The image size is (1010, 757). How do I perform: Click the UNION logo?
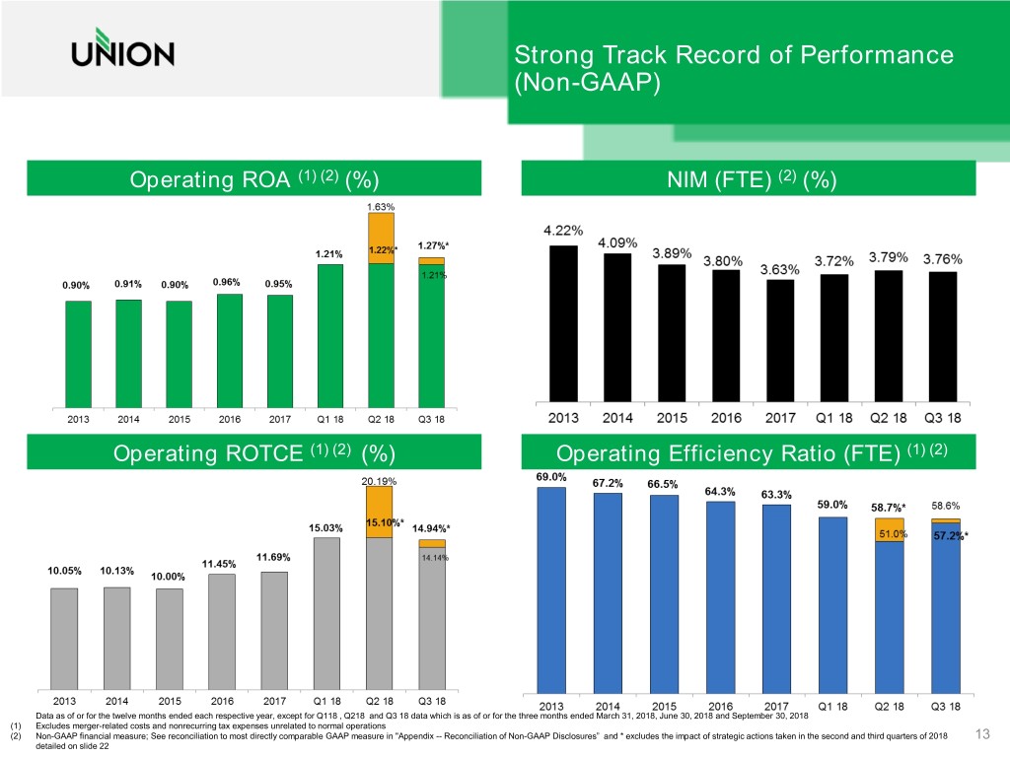coord(122,53)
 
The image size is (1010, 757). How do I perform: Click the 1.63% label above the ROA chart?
coord(381,207)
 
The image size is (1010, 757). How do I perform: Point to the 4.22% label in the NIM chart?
coord(564,231)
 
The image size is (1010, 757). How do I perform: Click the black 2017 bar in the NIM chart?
coord(780,340)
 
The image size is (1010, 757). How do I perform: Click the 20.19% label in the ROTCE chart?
coord(380,482)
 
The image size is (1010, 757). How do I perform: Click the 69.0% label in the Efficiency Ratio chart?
coord(550,477)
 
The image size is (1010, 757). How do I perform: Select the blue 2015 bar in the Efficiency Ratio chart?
coord(664,592)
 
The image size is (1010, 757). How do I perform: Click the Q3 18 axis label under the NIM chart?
coord(944,418)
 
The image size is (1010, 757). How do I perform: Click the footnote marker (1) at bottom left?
coord(14,724)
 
